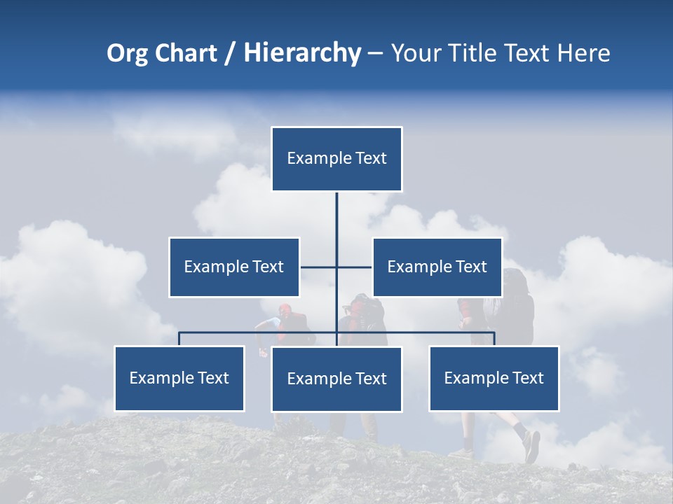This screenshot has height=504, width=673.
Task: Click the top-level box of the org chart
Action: (336, 159)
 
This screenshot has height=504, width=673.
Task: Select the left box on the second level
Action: (234, 267)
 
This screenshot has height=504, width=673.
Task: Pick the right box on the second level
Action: (437, 267)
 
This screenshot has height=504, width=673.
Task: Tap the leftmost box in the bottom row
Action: (179, 378)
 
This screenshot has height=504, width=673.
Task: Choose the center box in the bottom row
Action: (336, 379)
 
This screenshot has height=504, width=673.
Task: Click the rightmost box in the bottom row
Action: (494, 378)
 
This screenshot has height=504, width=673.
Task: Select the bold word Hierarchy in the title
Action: (302, 53)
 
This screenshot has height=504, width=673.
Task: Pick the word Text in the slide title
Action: (529, 53)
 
